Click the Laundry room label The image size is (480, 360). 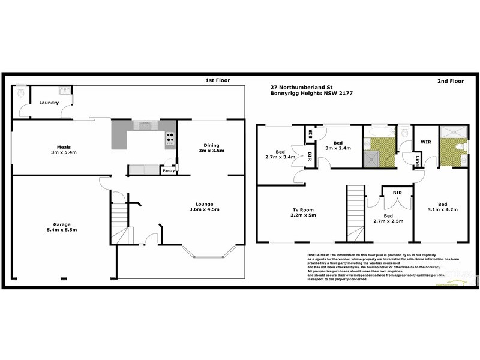click(x=49, y=103)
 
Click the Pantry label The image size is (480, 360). click(x=169, y=171)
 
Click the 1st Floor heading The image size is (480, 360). click(x=218, y=80)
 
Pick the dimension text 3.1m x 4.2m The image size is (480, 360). click(x=443, y=210)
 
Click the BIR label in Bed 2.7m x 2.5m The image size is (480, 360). click(x=397, y=193)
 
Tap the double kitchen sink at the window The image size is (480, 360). click(x=144, y=125)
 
